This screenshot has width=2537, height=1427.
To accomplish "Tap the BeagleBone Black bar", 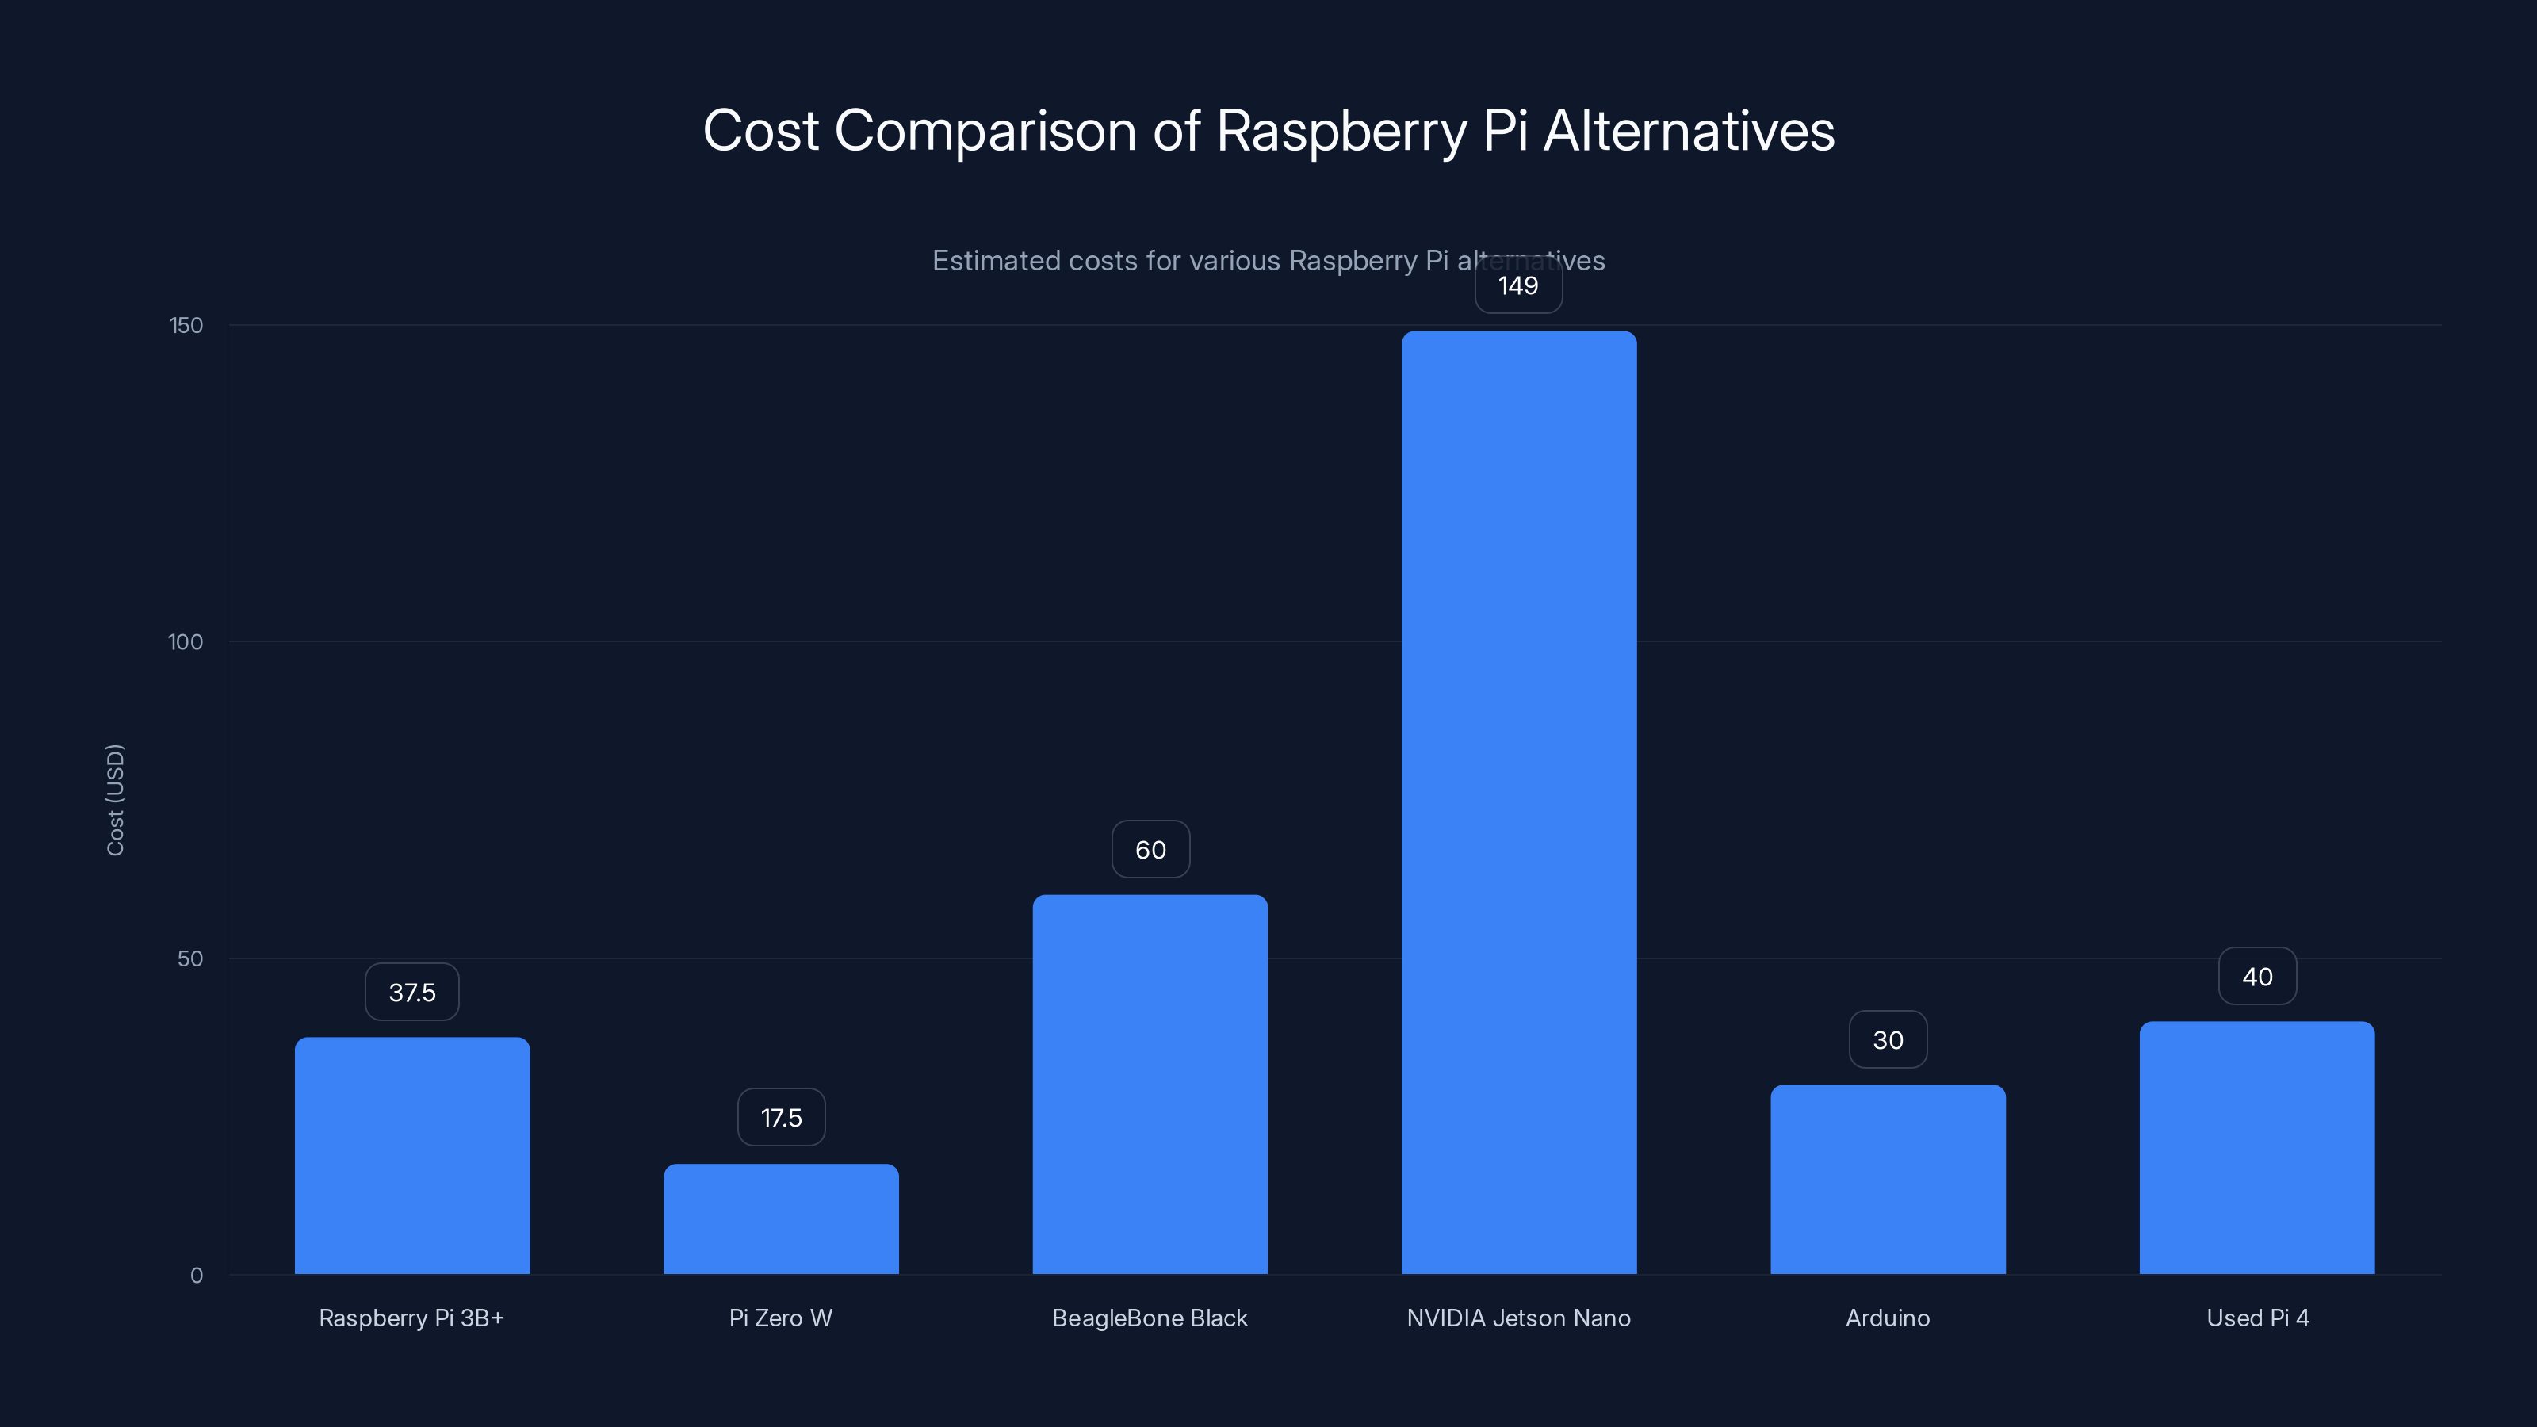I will [1150, 1083].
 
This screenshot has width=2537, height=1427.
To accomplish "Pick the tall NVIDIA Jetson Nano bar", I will [1519, 802].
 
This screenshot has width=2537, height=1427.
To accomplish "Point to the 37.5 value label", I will [411, 992].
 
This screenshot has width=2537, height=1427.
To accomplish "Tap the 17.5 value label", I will [781, 1117].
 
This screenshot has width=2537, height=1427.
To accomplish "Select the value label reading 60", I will [1150, 849].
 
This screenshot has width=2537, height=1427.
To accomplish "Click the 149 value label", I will [1517, 285].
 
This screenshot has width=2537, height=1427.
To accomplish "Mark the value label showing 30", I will [1887, 1039].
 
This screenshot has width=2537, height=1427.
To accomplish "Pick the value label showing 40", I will [2256, 976].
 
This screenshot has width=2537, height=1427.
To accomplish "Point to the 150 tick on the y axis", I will [186, 325].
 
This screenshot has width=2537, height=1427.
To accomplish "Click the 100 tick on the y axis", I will [186, 642].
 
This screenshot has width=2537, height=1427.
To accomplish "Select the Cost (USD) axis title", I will [115, 800].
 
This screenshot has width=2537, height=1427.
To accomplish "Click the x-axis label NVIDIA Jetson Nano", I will [1517, 1318].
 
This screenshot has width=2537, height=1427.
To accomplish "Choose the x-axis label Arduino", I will [1887, 1318].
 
